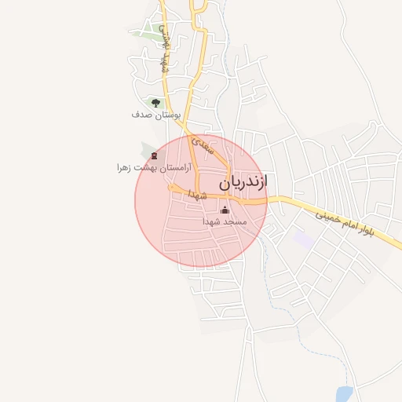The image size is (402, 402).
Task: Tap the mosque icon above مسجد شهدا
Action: coord(225,210)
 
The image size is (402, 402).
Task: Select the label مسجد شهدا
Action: coord(225,222)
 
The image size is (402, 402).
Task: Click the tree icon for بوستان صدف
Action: coord(155,103)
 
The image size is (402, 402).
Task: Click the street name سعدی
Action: coord(203,145)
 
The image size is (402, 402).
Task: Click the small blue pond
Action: coord(344,394)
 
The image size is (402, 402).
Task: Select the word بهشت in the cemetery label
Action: coord(148,167)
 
